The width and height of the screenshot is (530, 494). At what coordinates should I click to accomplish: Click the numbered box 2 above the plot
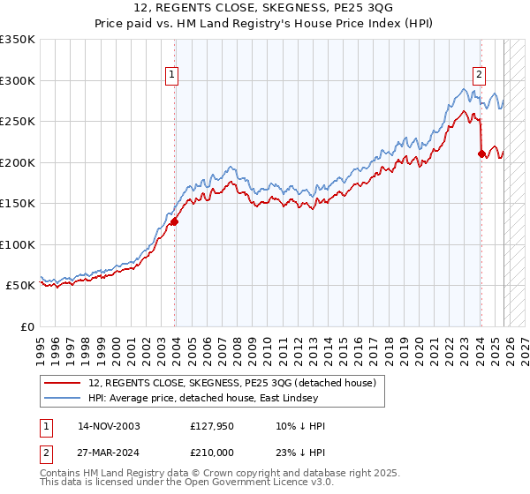pos(479,75)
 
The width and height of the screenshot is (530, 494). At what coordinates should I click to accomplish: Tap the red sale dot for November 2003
pos(174,222)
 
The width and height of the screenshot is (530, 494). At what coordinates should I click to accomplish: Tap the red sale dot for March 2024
pos(481,154)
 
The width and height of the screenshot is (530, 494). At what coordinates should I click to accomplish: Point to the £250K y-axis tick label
pos(18,121)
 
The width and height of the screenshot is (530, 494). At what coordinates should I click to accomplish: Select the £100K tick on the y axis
pos(18,244)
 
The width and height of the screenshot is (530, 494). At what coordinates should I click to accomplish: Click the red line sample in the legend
pos(64,383)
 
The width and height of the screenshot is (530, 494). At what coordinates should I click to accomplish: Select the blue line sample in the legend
pos(64,398)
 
